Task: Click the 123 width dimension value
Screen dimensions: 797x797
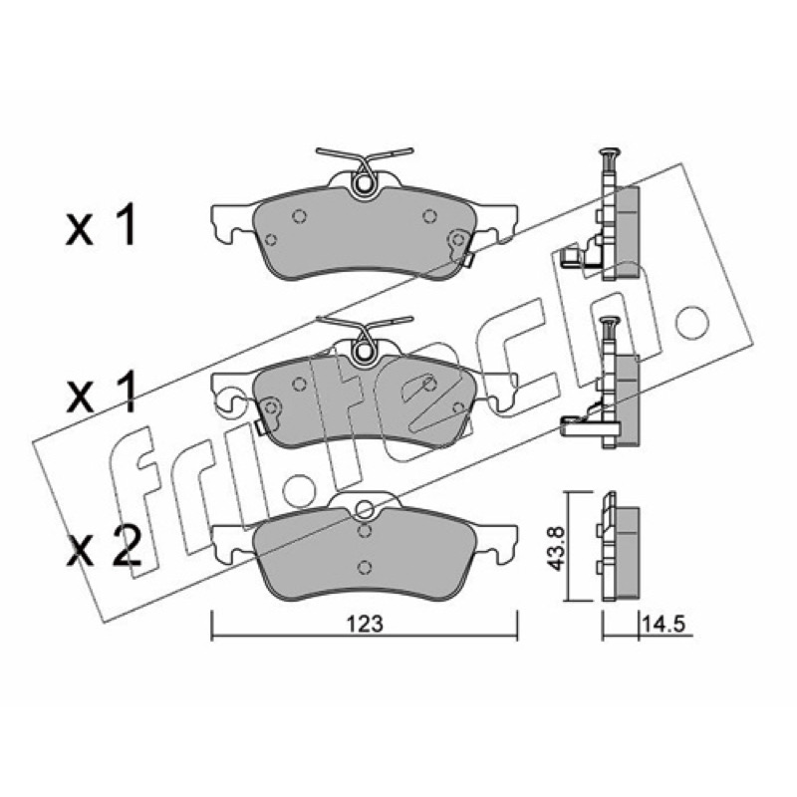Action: [x=365, y=624]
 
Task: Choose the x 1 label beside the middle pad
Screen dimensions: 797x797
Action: [x=102, y=392]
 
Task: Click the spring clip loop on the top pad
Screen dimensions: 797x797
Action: [x=363, y=184]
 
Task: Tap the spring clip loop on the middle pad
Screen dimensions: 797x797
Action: [x=363, y=351]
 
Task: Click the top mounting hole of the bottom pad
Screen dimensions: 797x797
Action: [x=364, y=509]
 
